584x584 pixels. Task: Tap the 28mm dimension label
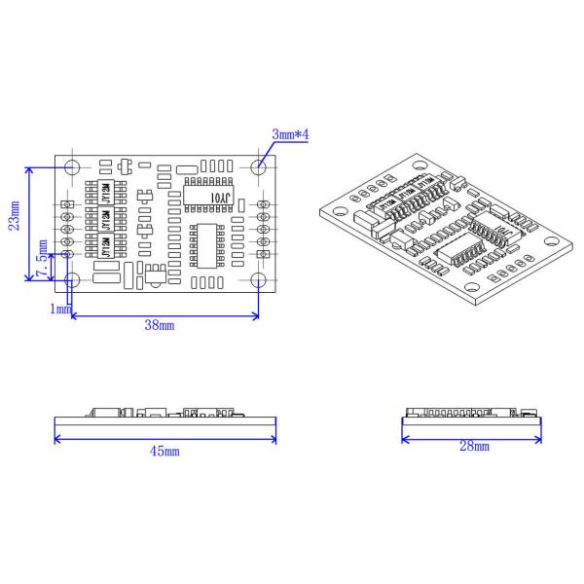pyautogui.click(x=474, y=447)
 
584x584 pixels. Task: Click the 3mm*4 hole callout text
pyautogui.click(x=289, y=135)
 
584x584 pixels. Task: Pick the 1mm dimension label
pyautogui.click(x=60, y=309)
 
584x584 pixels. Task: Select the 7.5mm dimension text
pyautogui.click(x=42, y=262)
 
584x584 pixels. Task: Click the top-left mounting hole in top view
pyautogui.click(x=72, y=166)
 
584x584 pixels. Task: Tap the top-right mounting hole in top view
pyautogui.click(x=258, y=166)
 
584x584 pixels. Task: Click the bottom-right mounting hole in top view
pyautogui.click(x=258, y=280)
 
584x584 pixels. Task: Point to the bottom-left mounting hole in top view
pyautogui.click(x=72, y=280)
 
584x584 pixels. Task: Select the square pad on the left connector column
pyautogui.click(x=68, y=203)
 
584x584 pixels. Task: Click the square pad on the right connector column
pyautogui.click(x=263, y=254)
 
